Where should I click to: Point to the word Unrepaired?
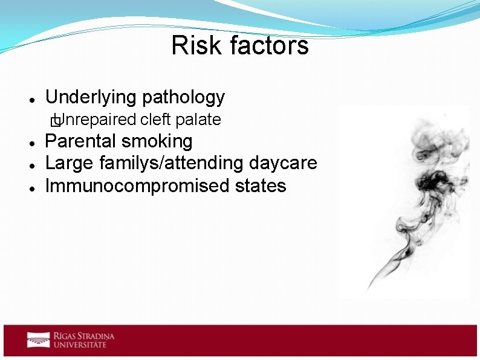click(x=99, y=120)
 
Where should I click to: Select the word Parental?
click(x=81, y=141)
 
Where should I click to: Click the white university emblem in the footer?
click(x=37, y=339)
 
